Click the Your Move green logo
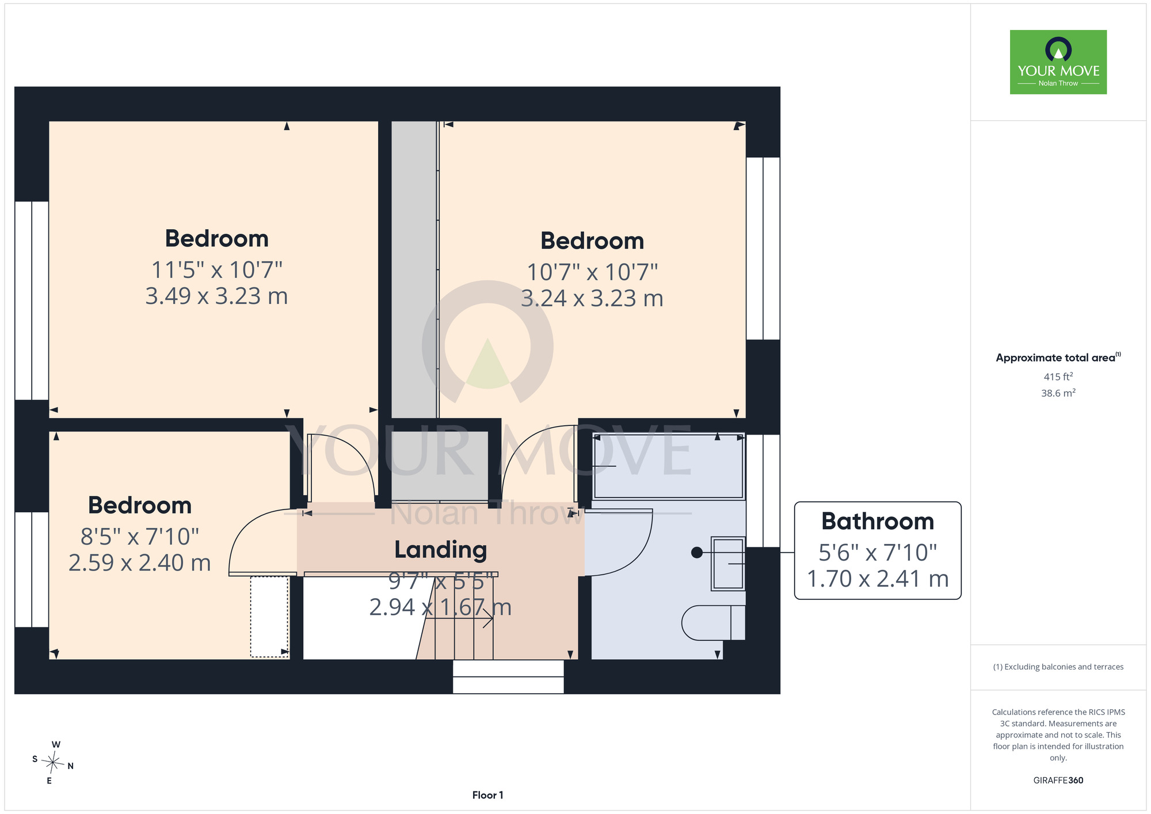1058,62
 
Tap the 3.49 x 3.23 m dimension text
216,296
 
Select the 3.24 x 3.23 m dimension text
592,298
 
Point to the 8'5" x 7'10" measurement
140,537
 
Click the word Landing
441,550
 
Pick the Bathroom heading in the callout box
878,521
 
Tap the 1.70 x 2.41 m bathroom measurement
878,579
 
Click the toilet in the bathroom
714,622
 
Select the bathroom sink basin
728,564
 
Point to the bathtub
669,466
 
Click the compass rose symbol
53,763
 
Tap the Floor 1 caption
487,795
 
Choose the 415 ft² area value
1058,376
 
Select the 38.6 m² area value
1058,393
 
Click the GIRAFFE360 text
1058,781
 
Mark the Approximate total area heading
1058,357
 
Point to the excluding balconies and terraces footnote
1058,667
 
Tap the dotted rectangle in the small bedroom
269,617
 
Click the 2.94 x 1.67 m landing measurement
440,607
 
